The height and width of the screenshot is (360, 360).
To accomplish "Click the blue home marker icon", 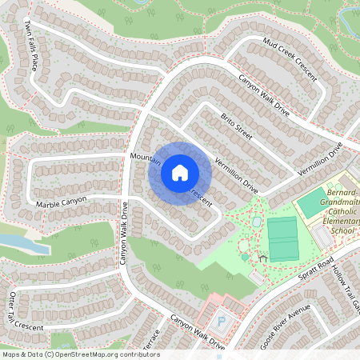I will coord(179,172).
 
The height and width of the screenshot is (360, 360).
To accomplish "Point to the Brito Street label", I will coord(236,126).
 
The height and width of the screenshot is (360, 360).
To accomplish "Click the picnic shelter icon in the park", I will coord(262,258).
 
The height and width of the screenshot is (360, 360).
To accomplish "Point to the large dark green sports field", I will coord(282,238).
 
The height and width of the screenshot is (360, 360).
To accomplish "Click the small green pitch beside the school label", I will coord(312,203).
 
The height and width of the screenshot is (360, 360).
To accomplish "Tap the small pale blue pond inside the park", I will coord(256,221).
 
